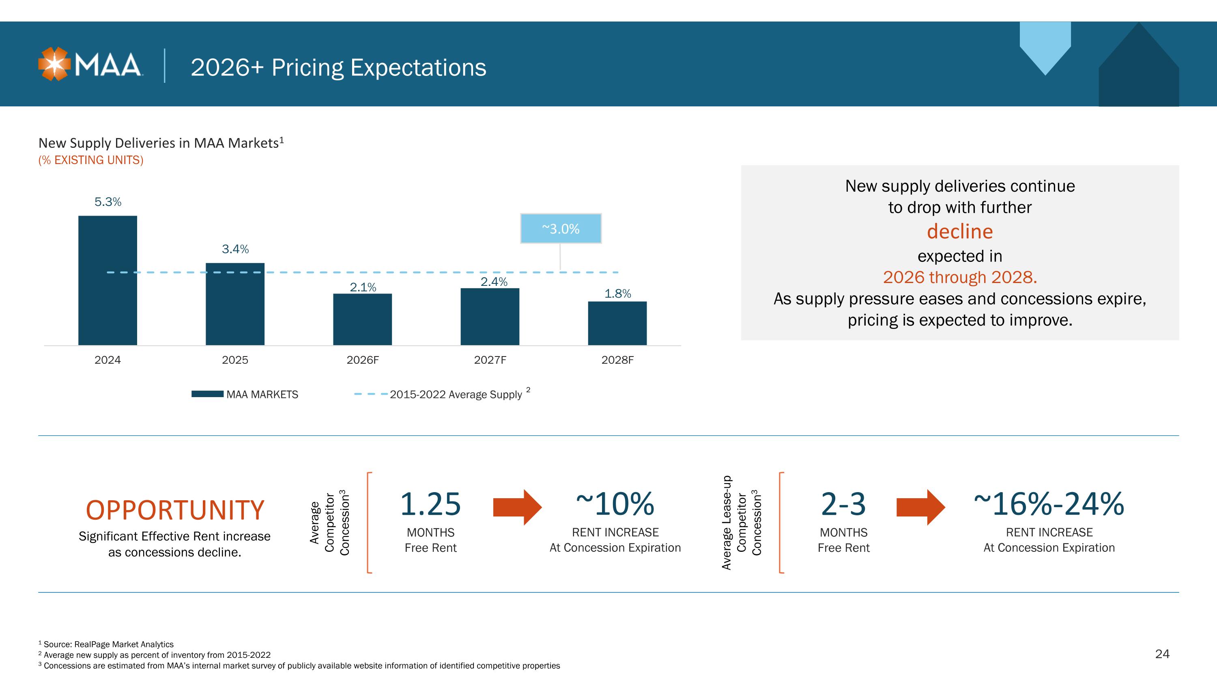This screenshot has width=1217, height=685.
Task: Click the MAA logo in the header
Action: [x=90, y=64]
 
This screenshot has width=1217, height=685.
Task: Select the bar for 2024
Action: [x=108, y=280]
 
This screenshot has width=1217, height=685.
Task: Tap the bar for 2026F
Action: [x=362, y=320]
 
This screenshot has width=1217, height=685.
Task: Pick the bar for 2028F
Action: [x=617, y=323]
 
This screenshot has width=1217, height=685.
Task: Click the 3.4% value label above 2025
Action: [x=235, y=249]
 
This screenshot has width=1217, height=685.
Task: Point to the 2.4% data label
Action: [x=494, y=282]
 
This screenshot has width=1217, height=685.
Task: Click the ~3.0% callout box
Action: [x=561, y=229]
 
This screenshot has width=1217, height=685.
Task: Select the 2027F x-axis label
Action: [x=490, y=360]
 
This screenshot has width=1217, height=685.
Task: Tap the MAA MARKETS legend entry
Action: [x=245, y=394]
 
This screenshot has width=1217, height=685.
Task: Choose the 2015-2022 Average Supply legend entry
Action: [x=442, y=394]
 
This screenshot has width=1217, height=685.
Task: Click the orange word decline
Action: [x=959, y=231]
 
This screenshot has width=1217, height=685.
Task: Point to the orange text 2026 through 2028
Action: [x=959, y=277]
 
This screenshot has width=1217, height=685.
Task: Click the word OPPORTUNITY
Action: [x=175, y=510]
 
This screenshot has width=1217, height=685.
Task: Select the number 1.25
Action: [x=430, y=504]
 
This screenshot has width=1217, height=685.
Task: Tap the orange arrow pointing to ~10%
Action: [x=517, y=507]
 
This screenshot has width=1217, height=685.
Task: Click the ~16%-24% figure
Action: [x=1049, y=504]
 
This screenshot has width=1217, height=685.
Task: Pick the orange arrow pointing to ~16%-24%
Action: [x=921, y=507]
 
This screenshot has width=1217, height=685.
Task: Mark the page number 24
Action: [x=1162, y=654]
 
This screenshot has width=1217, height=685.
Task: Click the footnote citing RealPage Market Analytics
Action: [x=106, y=644]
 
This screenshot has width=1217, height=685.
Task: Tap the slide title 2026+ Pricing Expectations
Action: [x=338, y=67]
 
